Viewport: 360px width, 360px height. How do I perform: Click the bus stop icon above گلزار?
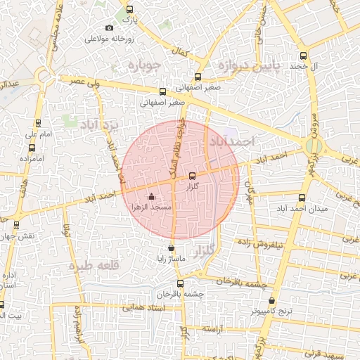(193, 176)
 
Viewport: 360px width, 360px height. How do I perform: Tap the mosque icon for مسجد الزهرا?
(152, 197)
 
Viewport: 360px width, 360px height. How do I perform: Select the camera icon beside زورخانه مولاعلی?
(108, 27)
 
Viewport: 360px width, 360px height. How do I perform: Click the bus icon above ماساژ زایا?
(172, 247)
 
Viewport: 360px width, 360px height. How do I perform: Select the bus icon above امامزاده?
(32, 148)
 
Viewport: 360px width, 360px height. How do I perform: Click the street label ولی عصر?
(82, 81)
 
